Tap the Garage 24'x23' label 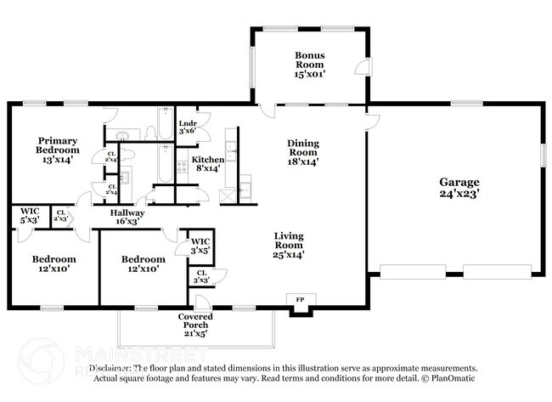pos(459,188)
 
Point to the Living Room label pos(289,246)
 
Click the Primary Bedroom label pos(58,151)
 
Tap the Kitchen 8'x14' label pos(207,164)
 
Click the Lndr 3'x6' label pos(188,127)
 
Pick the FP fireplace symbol pos(300,300)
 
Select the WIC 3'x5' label pos(200,246)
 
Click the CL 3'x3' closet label pos(200,277)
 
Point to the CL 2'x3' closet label pos(61,217)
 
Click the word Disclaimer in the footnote pos(110,369)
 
